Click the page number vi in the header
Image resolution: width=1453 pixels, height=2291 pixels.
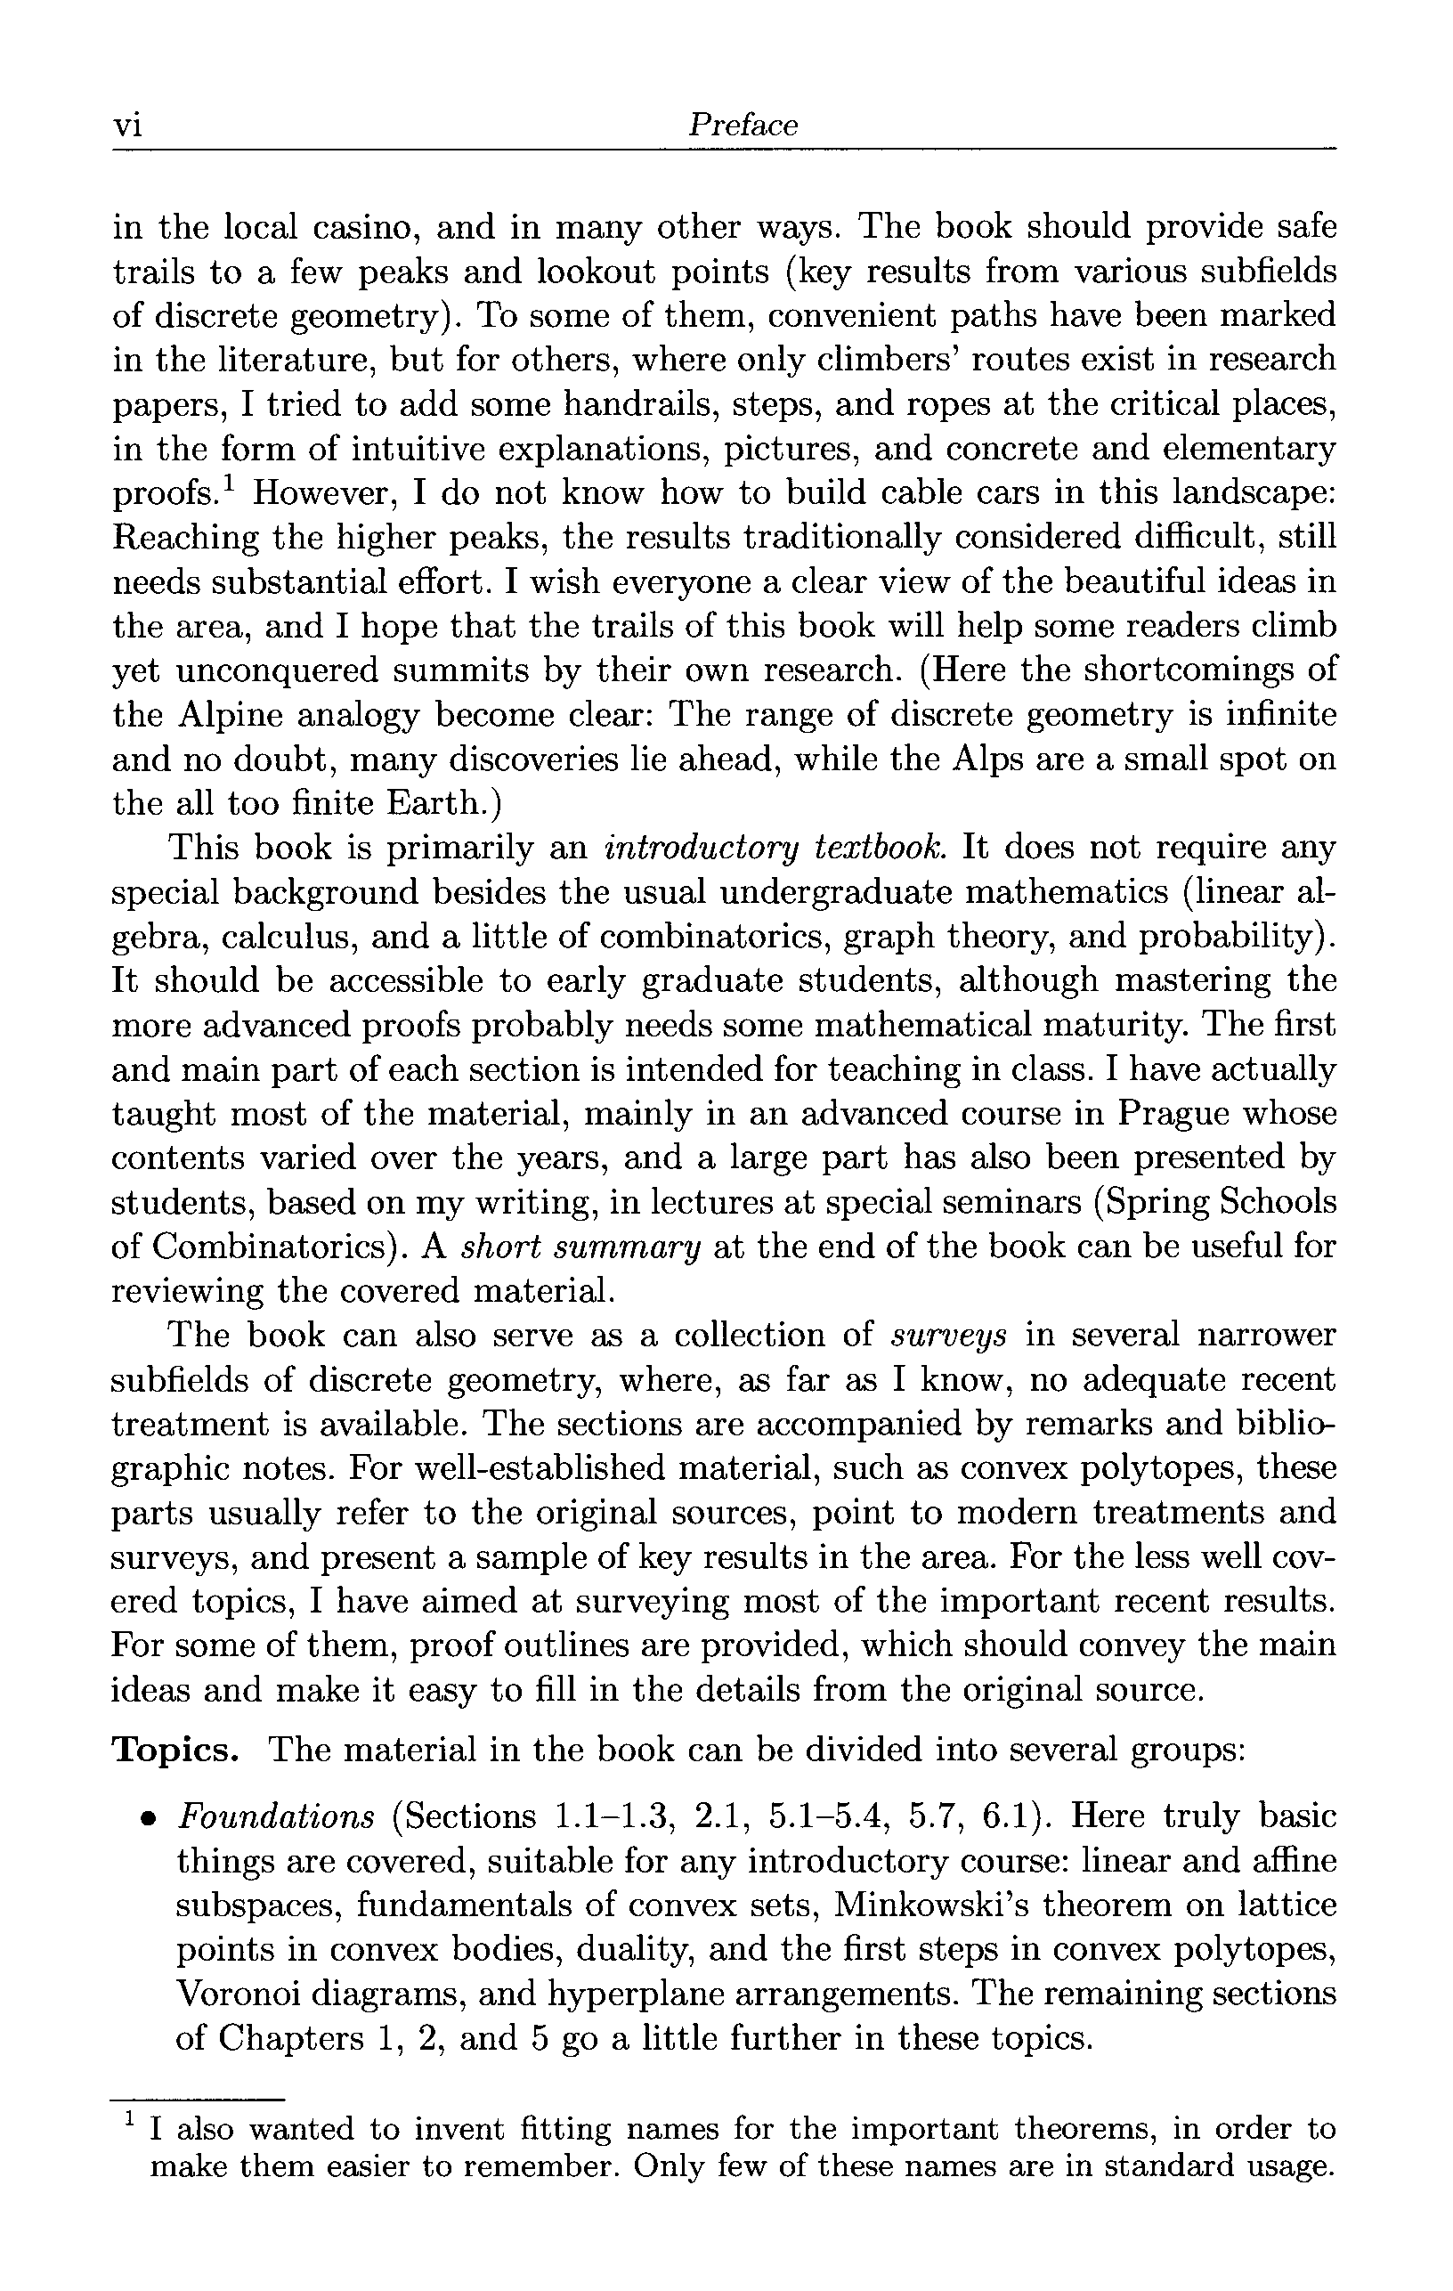(127, 126)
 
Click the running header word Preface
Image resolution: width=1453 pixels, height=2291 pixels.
(743, 125)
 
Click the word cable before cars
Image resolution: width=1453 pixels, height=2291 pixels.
(920, 492)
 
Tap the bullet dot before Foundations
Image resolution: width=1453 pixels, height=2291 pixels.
(148, 1819)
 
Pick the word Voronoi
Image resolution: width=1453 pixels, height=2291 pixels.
(245, 1994)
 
